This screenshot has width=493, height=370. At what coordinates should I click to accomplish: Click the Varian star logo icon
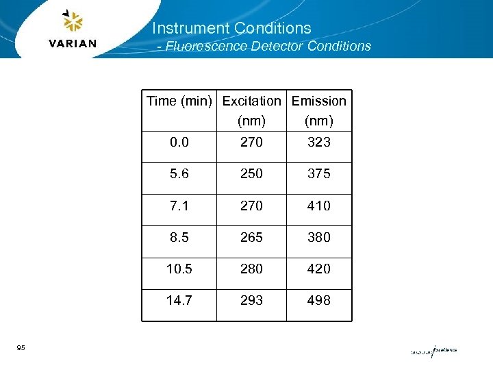[x=72, y=21]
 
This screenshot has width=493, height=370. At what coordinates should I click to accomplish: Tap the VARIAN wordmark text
[x=73, y=44]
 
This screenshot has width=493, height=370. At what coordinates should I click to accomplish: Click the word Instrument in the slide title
[x=190, y=28]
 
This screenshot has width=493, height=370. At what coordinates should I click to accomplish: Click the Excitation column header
[x=251, y=101]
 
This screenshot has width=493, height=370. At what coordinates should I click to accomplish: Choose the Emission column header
[x=319, y=101]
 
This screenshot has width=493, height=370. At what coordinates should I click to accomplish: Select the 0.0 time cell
[x=179, y=142]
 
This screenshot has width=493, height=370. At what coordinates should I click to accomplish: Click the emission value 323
[x=319, y=142]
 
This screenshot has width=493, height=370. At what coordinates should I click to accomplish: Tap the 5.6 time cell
[x=179, y=174]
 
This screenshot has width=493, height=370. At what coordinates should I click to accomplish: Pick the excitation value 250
[x=251, y=174]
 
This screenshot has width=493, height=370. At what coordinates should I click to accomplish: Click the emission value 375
[x=319, y=174]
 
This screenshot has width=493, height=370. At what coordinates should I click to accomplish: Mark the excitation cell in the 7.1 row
[x=251, y=206]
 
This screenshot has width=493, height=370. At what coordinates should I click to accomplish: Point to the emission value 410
[x=319, y=206]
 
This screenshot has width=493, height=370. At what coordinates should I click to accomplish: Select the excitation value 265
[x=251, y=237]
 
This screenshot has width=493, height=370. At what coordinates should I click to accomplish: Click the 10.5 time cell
[x=179, y=269]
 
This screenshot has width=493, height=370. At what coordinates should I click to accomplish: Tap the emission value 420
[x=319, y=269]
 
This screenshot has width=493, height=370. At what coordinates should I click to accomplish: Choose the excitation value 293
[x=251, y=300]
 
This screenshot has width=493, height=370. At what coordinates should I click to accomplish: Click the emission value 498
[x=319, y=300]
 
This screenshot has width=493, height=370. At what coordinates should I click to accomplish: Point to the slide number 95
[x=21, y=349]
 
